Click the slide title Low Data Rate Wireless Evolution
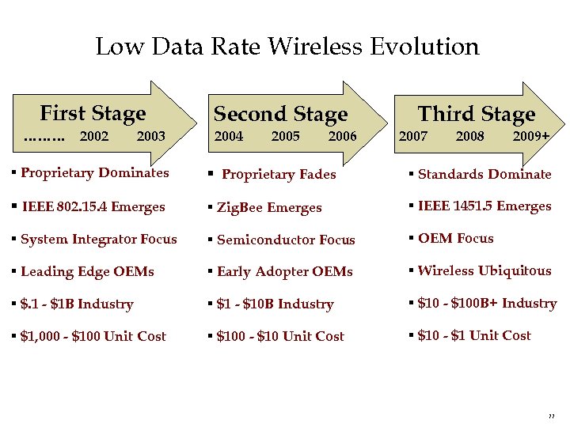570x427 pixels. (287, 47)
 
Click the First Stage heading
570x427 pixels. (93, 114)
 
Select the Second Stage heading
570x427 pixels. (280, 115)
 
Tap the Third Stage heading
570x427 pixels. (476, 115)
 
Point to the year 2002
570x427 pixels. (94, 136)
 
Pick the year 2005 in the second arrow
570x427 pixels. (285, 136)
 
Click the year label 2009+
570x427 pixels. (530, 136)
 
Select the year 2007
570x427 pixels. (412, 136)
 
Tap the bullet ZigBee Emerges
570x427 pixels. (269, 208)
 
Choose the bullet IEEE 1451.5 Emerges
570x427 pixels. (484, 206)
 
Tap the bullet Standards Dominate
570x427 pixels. (484, 174)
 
